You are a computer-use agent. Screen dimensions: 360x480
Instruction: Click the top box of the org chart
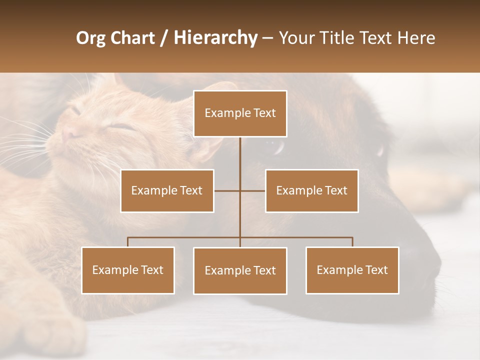tap(240, 113)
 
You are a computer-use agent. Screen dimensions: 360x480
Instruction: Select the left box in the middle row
tap(167, 190)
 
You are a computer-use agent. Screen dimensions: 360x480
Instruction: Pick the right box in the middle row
tap(311, 190)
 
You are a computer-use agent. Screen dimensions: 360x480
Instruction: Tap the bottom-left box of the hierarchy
tap(128, 270)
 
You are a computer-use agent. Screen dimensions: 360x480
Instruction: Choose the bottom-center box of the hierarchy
tap(240, 270)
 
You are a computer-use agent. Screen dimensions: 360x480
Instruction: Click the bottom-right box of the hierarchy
tap(352, 270)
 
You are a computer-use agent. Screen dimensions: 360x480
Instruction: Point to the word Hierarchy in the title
tap(215, 38)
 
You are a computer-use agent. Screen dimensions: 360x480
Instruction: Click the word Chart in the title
tap(131, 38)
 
